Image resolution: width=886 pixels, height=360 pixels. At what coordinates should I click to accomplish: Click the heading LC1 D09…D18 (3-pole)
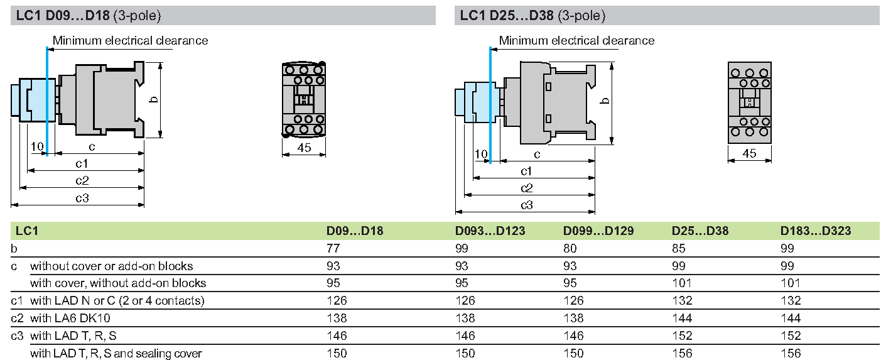pos(89,16)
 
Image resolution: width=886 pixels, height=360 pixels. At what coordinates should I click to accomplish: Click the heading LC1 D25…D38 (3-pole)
pos(532,16)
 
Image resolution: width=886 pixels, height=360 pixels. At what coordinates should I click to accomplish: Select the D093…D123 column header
pos(490,231)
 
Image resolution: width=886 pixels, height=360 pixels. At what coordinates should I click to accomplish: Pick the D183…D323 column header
pos(816,231)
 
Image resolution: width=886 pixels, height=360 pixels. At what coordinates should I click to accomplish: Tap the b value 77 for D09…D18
pos(333,248)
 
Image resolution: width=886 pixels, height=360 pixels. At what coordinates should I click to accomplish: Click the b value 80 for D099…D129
pos(570,248)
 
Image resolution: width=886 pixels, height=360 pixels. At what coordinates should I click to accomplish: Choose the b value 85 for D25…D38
pos(678,248)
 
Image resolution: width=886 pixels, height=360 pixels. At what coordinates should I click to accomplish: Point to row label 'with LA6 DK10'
pos(70,318)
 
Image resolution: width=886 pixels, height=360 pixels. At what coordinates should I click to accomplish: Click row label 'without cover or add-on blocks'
pos(112,266)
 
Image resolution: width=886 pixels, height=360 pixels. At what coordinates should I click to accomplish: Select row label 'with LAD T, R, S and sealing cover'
pos(116,353)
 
